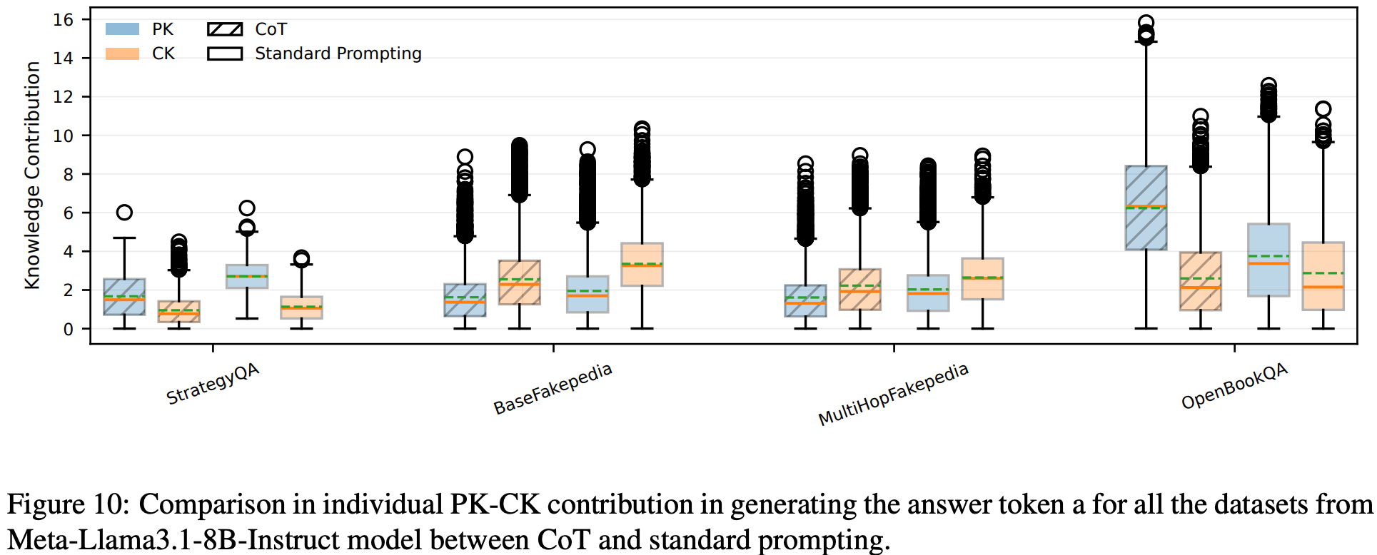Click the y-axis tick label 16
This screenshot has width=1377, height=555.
pyautogui.click(x=64, y=19)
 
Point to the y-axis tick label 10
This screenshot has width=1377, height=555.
pyautogui.click(x=64, y=136)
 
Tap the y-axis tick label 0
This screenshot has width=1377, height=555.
pyautogui.click(x=68, y=329)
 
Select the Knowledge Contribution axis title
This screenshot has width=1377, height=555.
pyautogui.click(x=32, y=175)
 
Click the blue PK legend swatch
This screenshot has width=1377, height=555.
pyautogui.click(x=122, y=29)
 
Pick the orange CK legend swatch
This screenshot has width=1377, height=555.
pyautogui.click(x=122, y=54)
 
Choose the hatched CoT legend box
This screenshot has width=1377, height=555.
pyautogui.click(x=225, y=29)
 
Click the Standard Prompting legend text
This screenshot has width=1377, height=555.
pyautogui.click(x=338, y=54)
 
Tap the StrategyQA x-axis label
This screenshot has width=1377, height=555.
pyautogui.click(x=213, y=383)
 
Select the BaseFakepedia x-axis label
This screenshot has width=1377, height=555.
pyautogui.click(x=553, y=388)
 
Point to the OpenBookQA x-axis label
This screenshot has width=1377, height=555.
pyautogui.click(x=1234, y=385)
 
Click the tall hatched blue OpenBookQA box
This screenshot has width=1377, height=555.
pyautogui.click(x=1146, y=208)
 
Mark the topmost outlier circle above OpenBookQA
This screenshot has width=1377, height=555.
pyautogui.click(x=1146, y=23)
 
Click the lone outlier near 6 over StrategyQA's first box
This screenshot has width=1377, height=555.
pyautogui.click(x=124, y=212)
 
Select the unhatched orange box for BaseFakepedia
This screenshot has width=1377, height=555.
pyautogui.click(x=642, y=264)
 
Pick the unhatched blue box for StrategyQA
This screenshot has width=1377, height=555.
pyautogui.click(x=247, y=276)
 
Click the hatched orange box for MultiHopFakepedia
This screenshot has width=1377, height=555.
pyautogui.click(x=859, y=289)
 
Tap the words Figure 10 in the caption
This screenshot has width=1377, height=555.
pyautogui.click(x=67, y=504)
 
